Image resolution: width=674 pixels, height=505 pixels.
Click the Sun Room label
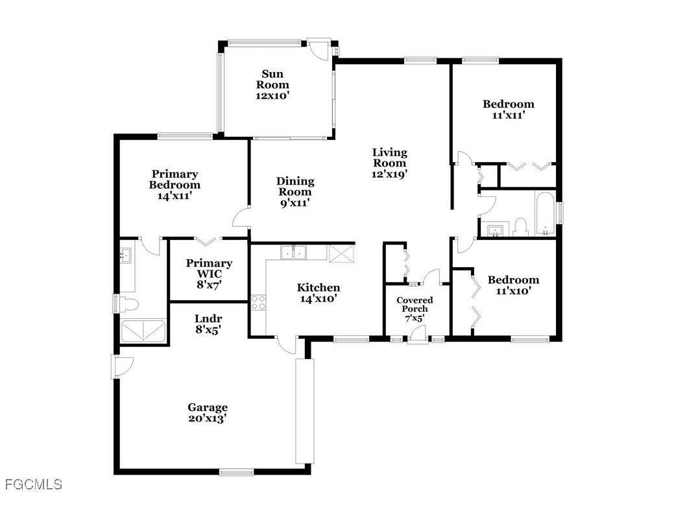(x=272, y=79)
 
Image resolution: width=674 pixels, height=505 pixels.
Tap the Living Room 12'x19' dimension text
(x=389, y=174)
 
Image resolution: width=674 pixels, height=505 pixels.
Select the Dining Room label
(x=295, y=186)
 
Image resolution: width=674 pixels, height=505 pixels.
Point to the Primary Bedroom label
(x=175, y=179)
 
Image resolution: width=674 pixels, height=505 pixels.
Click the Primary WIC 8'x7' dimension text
(x=209, y=284)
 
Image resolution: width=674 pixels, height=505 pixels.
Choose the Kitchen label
(x=319, y=287)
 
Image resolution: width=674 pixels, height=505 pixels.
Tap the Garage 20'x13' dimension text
(x=208, y=418)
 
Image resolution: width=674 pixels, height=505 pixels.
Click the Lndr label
(x=208, y=318)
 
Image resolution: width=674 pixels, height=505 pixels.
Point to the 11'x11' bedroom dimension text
(x=509, y=115)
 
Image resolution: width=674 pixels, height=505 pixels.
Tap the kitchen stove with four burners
(x=258, y=302)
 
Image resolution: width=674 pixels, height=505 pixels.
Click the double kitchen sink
(x=294, y=252)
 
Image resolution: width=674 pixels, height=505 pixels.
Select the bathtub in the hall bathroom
(x=544, y=214)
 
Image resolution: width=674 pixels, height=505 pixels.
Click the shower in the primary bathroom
(x=143, y=331)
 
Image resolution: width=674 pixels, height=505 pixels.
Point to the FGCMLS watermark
(x=33, y=484)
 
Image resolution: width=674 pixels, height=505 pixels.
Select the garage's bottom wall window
(x=236, y=472)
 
